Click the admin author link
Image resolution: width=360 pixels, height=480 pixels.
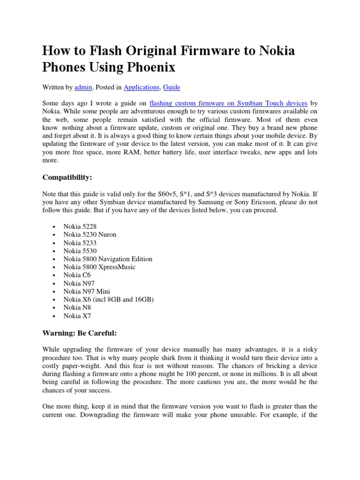(x=83, y=87)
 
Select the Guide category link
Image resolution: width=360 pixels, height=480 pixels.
(x=172, y=87)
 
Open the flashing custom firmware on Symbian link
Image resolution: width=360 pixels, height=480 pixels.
(x=228, y=104)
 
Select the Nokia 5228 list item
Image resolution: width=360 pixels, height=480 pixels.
(x=81, y=226)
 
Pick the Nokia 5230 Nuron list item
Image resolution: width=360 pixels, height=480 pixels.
(x=90, y=234)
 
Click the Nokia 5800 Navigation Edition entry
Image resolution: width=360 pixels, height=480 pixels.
(x=108, y=259)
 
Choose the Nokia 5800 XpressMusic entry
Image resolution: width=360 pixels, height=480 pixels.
(x=99, y=267)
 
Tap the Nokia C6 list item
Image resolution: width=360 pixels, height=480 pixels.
(x=77, y=275)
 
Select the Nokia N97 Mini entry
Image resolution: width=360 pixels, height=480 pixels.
(x=88, y=292)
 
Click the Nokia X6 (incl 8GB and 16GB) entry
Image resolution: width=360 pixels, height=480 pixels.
(x=109, y=300)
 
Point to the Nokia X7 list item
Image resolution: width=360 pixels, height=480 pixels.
(x=77, y=316)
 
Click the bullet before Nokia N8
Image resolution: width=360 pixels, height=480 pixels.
(x=54, y=308)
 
